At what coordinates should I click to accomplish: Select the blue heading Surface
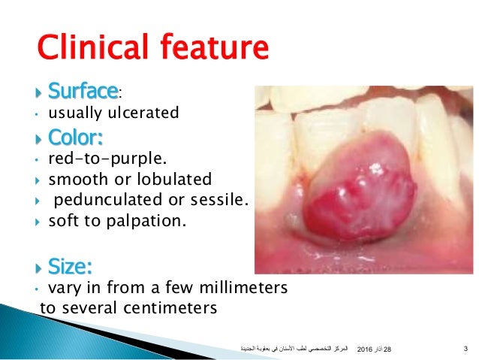point(83,92)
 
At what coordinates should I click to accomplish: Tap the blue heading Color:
point(75,139)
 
